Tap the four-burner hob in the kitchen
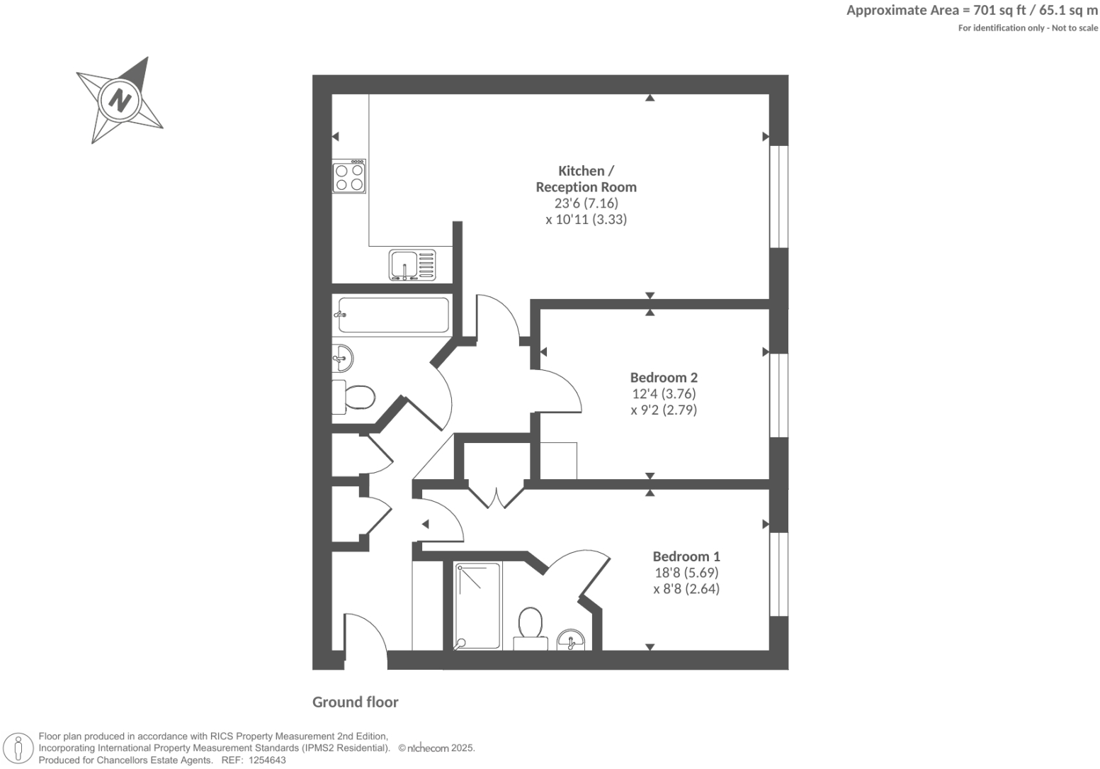(349, 176)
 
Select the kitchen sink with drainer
(412, 265)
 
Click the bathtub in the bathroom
(393, 315)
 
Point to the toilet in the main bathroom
(354, 397)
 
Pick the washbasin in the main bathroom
(343, 358)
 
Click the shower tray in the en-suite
(477, 606)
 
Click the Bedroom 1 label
(686, 556)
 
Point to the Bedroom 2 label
(664, 378)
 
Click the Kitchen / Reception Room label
(586, 179)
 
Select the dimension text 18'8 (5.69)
(686, 573)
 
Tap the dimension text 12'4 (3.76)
(664, 394)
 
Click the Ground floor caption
(356, 702)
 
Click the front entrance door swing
(365, 641)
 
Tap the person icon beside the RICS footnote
(18, 748)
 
